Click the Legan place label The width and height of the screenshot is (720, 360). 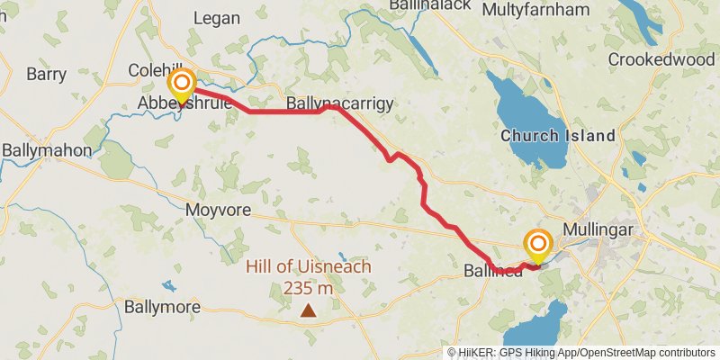[217, 18]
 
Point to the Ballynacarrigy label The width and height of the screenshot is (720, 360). [339, 104]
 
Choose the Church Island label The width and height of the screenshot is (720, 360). [558, 137]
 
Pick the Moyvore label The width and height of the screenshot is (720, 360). [216, 210]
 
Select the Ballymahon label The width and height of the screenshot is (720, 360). [47, 149]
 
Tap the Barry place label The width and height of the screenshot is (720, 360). [47, 75]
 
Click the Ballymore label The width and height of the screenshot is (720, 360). [163, 307]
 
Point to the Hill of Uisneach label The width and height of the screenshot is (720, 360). [309, 267]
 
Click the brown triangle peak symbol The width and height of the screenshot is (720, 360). [308, 310]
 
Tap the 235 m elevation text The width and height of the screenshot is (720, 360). [308, 288]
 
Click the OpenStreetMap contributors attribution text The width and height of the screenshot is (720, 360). [644, 353]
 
